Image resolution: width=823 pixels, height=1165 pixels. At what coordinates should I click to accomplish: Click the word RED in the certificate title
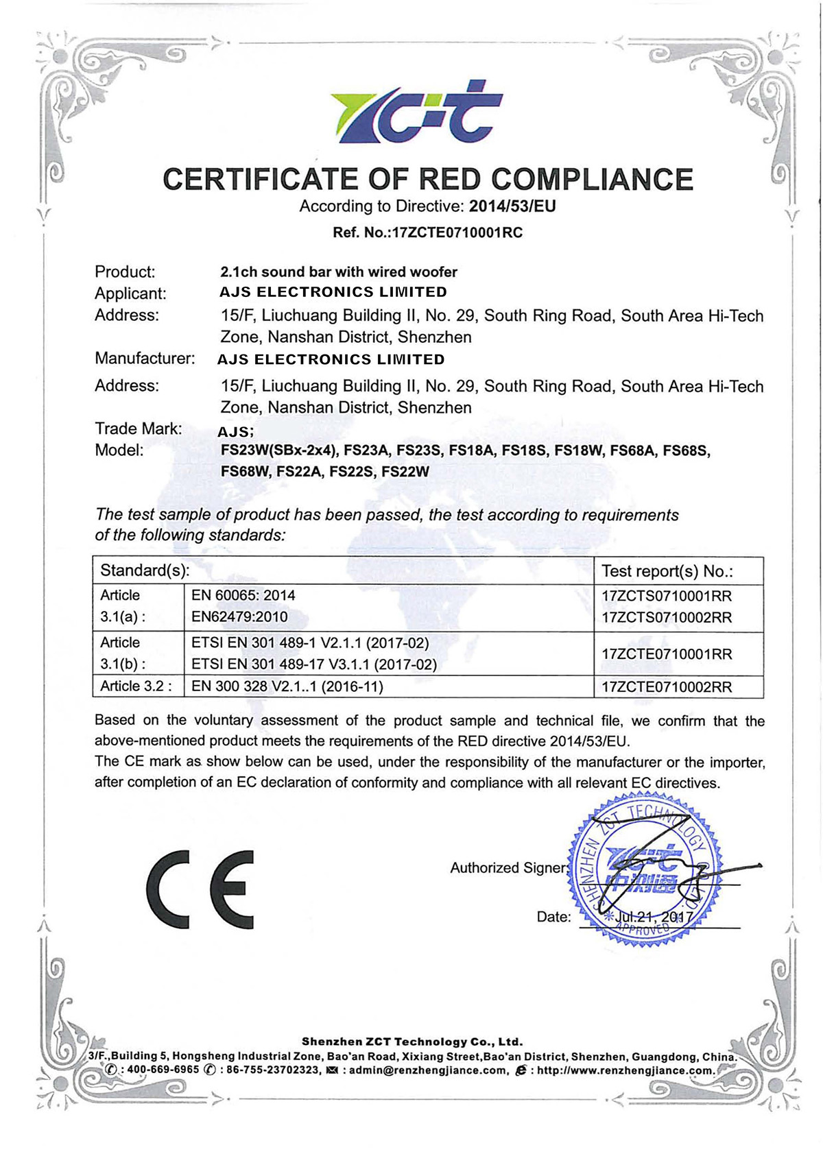[x=449, y=180]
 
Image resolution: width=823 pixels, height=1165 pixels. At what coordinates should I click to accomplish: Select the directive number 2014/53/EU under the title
[x=512, y=206]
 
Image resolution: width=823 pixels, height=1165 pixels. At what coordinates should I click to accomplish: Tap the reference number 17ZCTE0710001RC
[x=457, y=232]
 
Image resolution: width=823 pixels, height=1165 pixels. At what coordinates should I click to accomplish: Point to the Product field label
[x=125, y=272]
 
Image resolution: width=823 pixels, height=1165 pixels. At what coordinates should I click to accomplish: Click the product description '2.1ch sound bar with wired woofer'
[x=338, y=272]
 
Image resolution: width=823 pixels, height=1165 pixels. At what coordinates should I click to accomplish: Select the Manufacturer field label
[x=145, y=358]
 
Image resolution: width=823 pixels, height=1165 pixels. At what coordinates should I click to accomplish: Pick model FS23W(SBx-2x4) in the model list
[x=279, y=451]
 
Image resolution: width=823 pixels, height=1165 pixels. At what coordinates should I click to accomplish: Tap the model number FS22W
[x=405, y=472]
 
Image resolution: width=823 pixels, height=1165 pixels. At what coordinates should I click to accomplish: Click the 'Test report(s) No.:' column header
[x=667, y=571]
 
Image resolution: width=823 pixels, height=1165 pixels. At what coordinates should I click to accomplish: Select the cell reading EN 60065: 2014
[x=243, y=595]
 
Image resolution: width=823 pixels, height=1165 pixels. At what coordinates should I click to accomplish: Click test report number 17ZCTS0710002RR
[x=667, y=617]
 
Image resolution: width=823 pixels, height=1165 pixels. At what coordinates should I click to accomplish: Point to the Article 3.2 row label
[x=136, y=686]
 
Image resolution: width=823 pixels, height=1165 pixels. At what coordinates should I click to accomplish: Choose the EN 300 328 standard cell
[x=287, y=686]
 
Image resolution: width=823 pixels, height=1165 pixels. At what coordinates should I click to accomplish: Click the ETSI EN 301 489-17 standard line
[x=313, y=664]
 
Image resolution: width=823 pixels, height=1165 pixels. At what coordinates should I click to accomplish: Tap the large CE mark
[x=200, y=889]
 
